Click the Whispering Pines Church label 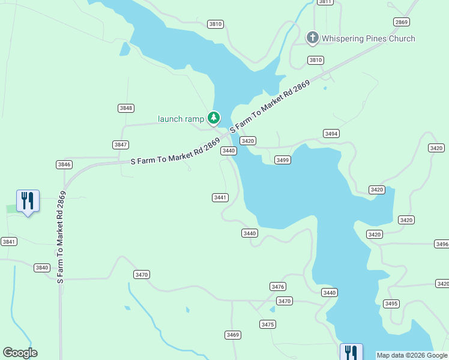click(368, 39)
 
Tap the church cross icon click(312, 38)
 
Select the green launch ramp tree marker click(213, 118)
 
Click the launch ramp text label click(181, 119)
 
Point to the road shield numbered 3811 click(325, 2)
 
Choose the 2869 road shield click(402, 22)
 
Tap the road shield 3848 click(125, 108)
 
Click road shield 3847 click(121, 145)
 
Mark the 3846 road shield click(64, 164)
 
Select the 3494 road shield click(331, 133)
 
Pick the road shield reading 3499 click(283, 160)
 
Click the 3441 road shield click(220, 197)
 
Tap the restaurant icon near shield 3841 click(28, 200)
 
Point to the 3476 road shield click(278, 286)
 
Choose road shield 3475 click(268, 325)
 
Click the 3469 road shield click(233, 335)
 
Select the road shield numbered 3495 click(391, 304)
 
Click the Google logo click(20, 353)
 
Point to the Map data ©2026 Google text click(412, 355)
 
